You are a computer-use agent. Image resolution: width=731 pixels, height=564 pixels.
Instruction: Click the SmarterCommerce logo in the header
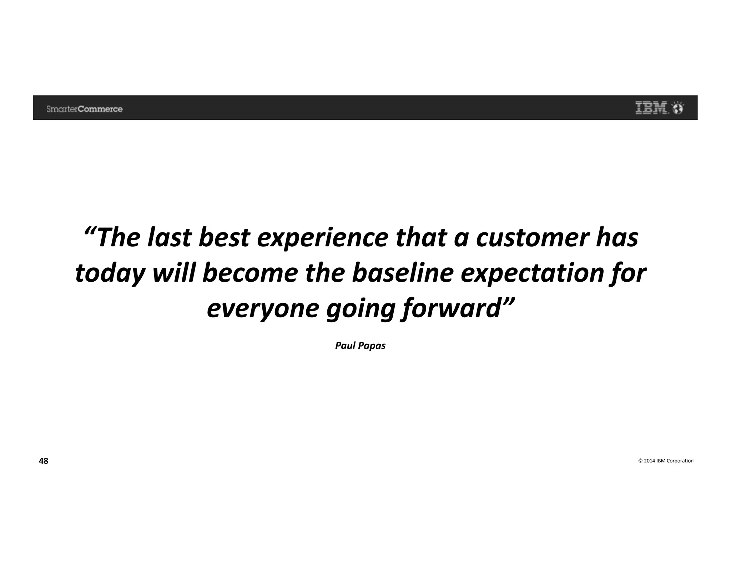(x=84, y=109)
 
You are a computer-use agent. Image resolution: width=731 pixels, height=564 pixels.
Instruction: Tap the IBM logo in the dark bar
(x=651, y=108)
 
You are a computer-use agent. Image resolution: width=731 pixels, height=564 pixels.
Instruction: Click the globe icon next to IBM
(x=678, y=108)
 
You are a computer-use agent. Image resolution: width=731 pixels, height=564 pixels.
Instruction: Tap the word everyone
(x=263, y=309)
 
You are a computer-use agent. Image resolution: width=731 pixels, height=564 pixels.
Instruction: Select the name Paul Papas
(x=360, y=346)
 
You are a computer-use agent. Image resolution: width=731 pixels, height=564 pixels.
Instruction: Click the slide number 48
(x=43, y=461)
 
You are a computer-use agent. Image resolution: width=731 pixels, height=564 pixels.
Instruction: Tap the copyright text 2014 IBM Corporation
(x=666, y=461)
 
